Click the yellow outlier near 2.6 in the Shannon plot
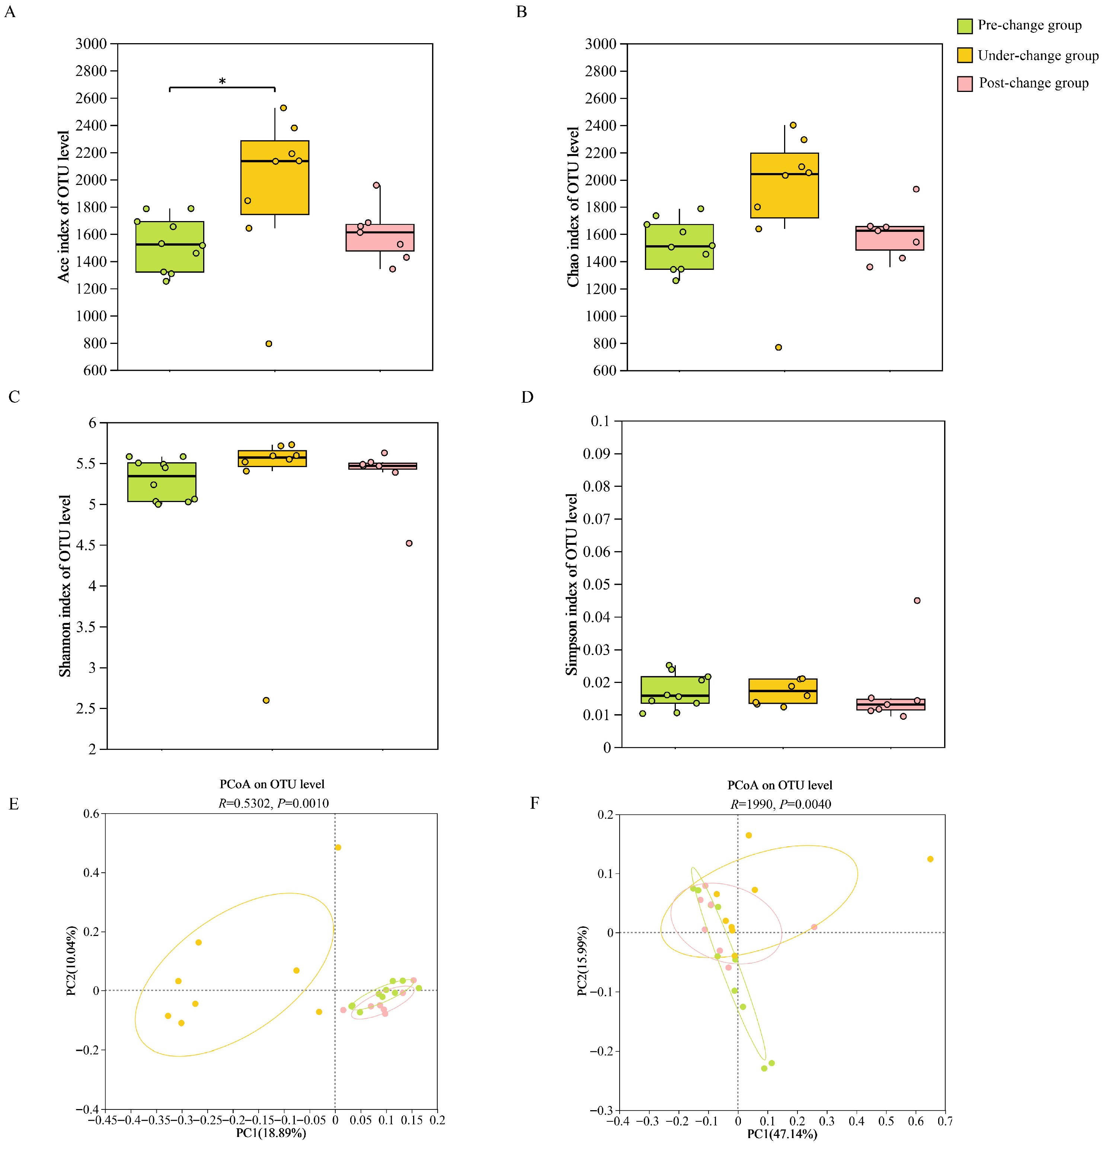[x=266, y=700]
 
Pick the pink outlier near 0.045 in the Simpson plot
[x=917, y=600]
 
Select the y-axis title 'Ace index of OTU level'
[x=63, y=207]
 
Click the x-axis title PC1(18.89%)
[x=271, y=1133]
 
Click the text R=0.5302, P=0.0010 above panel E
[x=274, y=803]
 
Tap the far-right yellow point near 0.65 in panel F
[x=930, y=859]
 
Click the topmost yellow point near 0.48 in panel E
[x=338, y=847]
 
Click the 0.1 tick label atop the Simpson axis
[x=600, y=421]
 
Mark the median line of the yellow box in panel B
[x=784, y=174]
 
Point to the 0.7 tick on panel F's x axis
[x=944, y=1121]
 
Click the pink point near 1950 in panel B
[x=916, y=189]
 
